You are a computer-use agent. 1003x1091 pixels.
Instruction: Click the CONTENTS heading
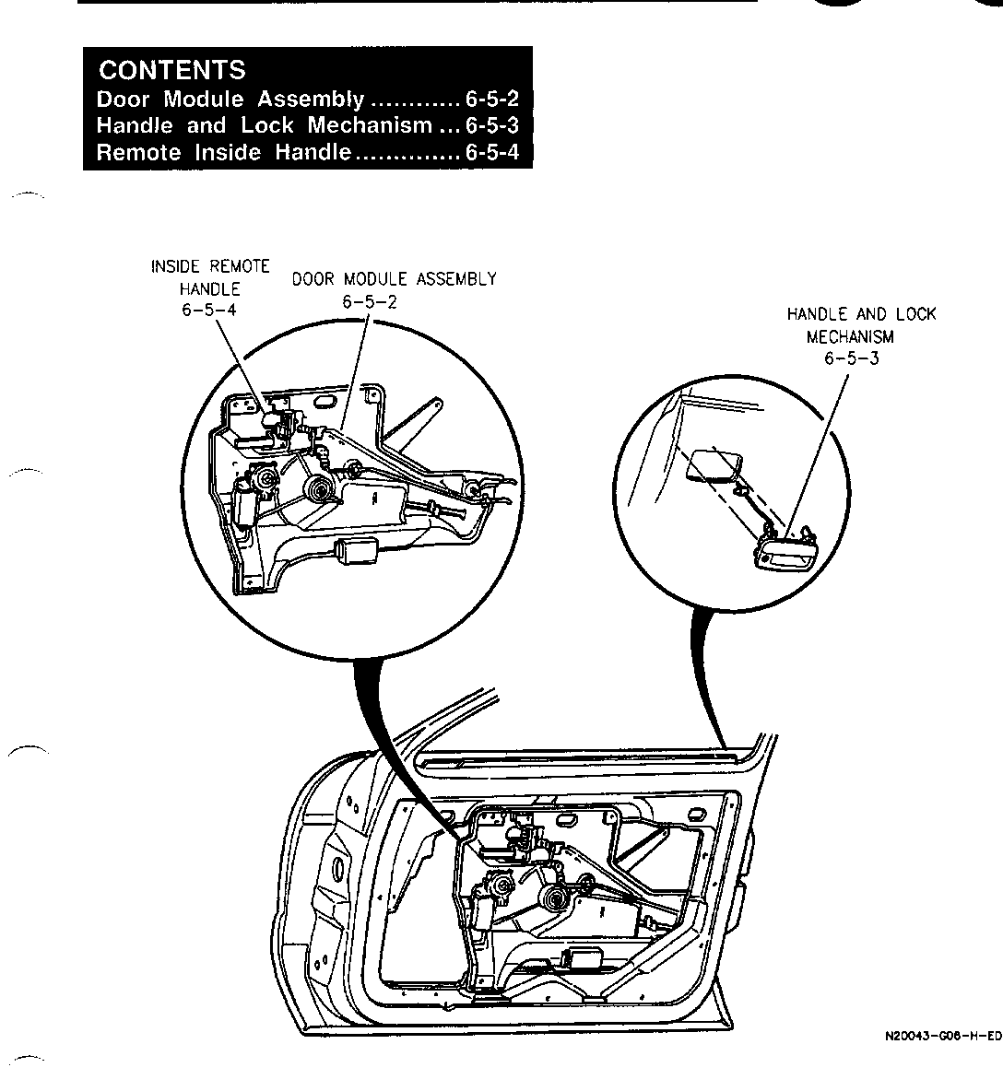point(171,70)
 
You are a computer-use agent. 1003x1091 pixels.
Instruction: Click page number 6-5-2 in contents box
point(492,99)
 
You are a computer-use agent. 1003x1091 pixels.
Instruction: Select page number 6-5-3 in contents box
point(492,125)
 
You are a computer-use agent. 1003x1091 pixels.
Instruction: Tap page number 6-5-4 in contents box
point(492,152)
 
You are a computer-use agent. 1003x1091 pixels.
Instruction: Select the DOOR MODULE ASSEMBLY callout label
point(394,278)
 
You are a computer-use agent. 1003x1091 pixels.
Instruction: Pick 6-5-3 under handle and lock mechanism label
point(851,358)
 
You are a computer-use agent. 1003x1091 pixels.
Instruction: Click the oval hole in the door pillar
point(337,866)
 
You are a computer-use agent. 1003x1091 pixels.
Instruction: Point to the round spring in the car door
point(556,898)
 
